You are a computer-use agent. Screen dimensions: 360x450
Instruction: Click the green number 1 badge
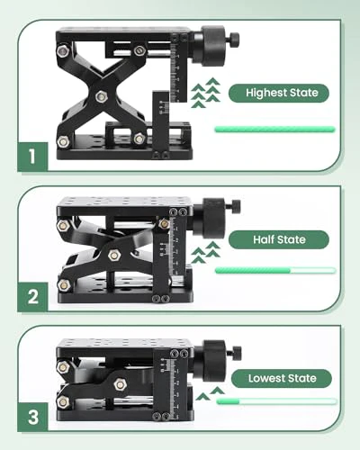(x=32, y=157)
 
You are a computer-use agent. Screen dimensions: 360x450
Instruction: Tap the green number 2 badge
(x=32, y=297)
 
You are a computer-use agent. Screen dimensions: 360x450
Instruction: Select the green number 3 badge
(x=32, y=417)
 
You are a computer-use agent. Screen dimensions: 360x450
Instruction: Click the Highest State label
(x=279, y=93)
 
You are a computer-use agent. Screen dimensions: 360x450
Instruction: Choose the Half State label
(x=279, y=239)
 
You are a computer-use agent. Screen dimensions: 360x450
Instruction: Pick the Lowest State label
(x=282, y=378)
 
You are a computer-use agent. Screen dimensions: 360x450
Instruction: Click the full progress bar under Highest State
(x=274, y=130)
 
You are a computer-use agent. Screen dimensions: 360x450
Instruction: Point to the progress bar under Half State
(x=275, y=270)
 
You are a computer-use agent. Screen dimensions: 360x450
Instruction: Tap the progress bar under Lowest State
(x=276, y=401)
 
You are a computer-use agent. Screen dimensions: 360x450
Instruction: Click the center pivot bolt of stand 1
(x=102, y=96)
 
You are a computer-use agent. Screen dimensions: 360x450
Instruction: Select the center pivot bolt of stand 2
(x=114, y=256)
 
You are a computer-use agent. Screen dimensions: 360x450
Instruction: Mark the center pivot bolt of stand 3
(x=120, y=384)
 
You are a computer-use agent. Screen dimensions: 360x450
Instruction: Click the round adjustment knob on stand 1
(x=209, y=46)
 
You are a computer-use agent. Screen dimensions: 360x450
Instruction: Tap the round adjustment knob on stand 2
(x=209, y=218)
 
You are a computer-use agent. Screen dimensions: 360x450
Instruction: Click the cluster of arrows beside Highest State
(x=206, y=93)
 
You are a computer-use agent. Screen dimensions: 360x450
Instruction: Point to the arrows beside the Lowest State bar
(x=210, y=393)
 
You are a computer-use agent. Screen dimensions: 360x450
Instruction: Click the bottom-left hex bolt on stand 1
(x=63, y=141)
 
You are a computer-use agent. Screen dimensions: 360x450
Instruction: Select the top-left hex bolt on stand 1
(x=63, y=51)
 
